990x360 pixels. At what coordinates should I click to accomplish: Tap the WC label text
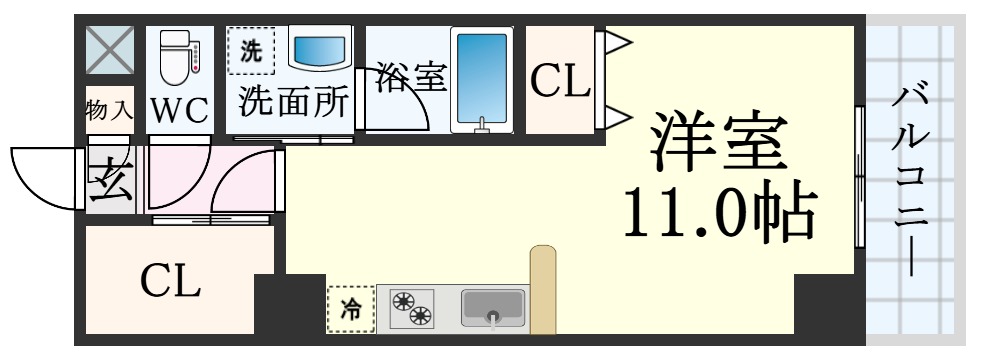pos(180,108)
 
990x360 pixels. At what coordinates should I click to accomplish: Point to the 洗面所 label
pos(292,102)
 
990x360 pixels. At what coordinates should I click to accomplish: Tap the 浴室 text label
pos(411,77)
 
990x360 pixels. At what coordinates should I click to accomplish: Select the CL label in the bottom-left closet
pos(170,282)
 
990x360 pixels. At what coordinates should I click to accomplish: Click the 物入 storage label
pos(110,108)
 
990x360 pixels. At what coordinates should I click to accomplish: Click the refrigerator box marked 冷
pos(351,309)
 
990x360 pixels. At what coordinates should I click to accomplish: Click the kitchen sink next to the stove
pos(493,308)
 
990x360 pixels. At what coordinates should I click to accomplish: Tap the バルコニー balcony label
pos(911,180)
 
